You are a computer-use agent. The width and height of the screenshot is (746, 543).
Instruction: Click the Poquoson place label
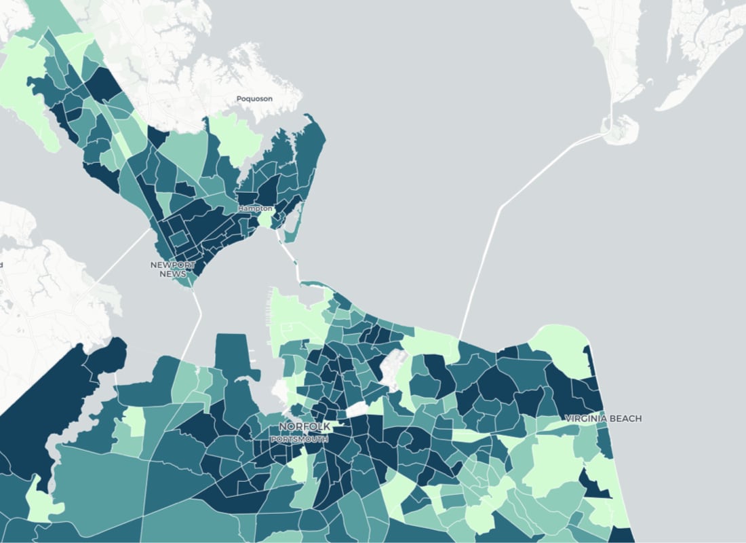[254, 98]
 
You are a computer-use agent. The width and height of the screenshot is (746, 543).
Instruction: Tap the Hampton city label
[254, 208]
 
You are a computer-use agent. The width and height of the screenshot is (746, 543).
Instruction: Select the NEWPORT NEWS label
[172, 269]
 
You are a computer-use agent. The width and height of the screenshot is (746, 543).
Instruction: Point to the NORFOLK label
[305, 426]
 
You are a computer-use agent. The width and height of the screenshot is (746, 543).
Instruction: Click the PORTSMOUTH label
[299, 439]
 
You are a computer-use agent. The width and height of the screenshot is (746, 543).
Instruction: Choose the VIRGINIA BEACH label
[603, 418]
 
